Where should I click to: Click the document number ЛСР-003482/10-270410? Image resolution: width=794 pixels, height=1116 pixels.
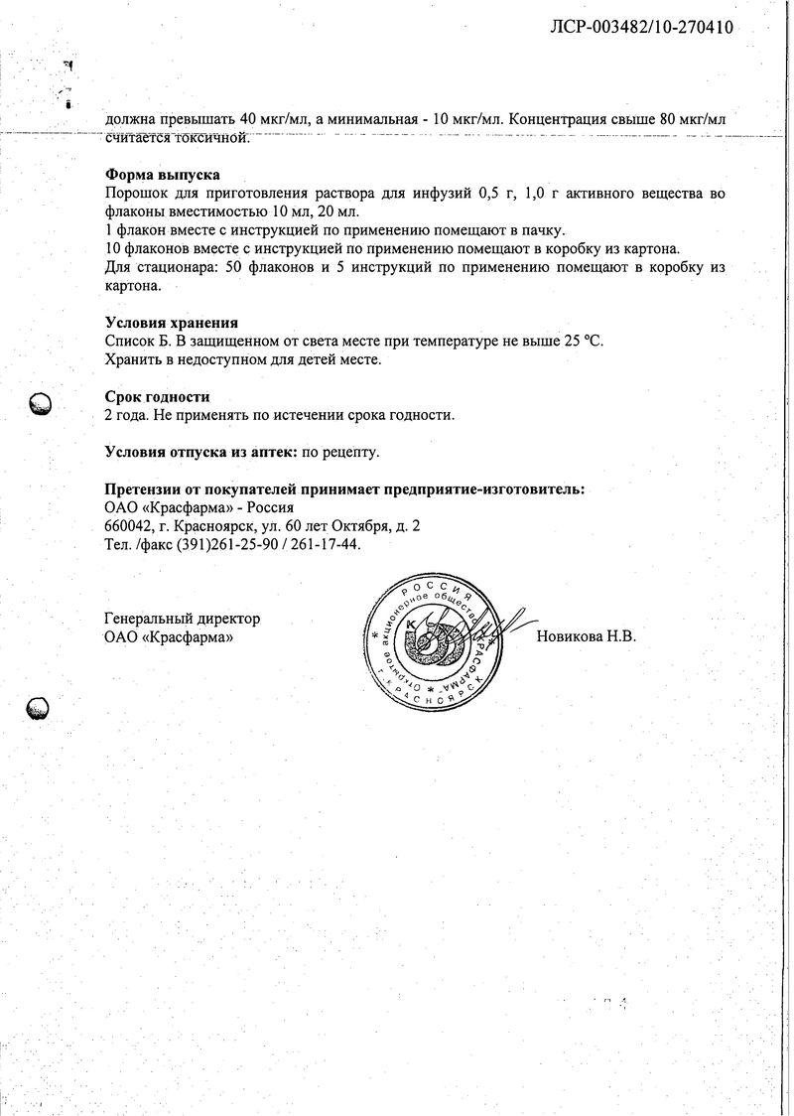click(641, 27)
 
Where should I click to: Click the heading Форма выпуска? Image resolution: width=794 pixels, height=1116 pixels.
click(162, 175)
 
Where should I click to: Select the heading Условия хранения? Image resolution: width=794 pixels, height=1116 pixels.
click(171, 323)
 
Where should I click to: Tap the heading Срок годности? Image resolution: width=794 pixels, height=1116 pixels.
click(157, 396)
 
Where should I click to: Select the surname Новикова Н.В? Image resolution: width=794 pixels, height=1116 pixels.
click(586, 636)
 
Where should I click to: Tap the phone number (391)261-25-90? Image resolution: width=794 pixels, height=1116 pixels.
click(227, 545)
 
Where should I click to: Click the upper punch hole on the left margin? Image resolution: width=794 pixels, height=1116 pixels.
click(41, 403)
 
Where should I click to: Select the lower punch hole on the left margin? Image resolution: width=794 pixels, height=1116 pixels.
click(38, 707)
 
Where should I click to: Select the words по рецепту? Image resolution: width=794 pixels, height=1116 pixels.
click(339, 452)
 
